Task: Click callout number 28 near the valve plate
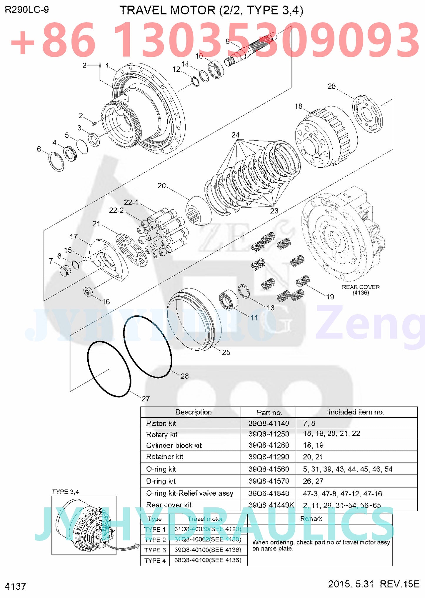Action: [x=331, y=86]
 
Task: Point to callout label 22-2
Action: [x=116, y=210]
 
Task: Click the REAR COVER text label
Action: [x=361, y=287]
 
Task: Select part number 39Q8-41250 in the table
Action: [x=269, y=434]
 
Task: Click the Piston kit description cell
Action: [x=161, y=423]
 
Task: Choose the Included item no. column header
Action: [x=356, y=412]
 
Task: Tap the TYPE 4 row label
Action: [x=155, y=560]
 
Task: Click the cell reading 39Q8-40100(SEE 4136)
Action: [x=208, y=550]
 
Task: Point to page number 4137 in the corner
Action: [x=15, y=586]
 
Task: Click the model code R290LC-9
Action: [x=27, y=10]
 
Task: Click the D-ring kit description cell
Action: [x=161, y=481]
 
